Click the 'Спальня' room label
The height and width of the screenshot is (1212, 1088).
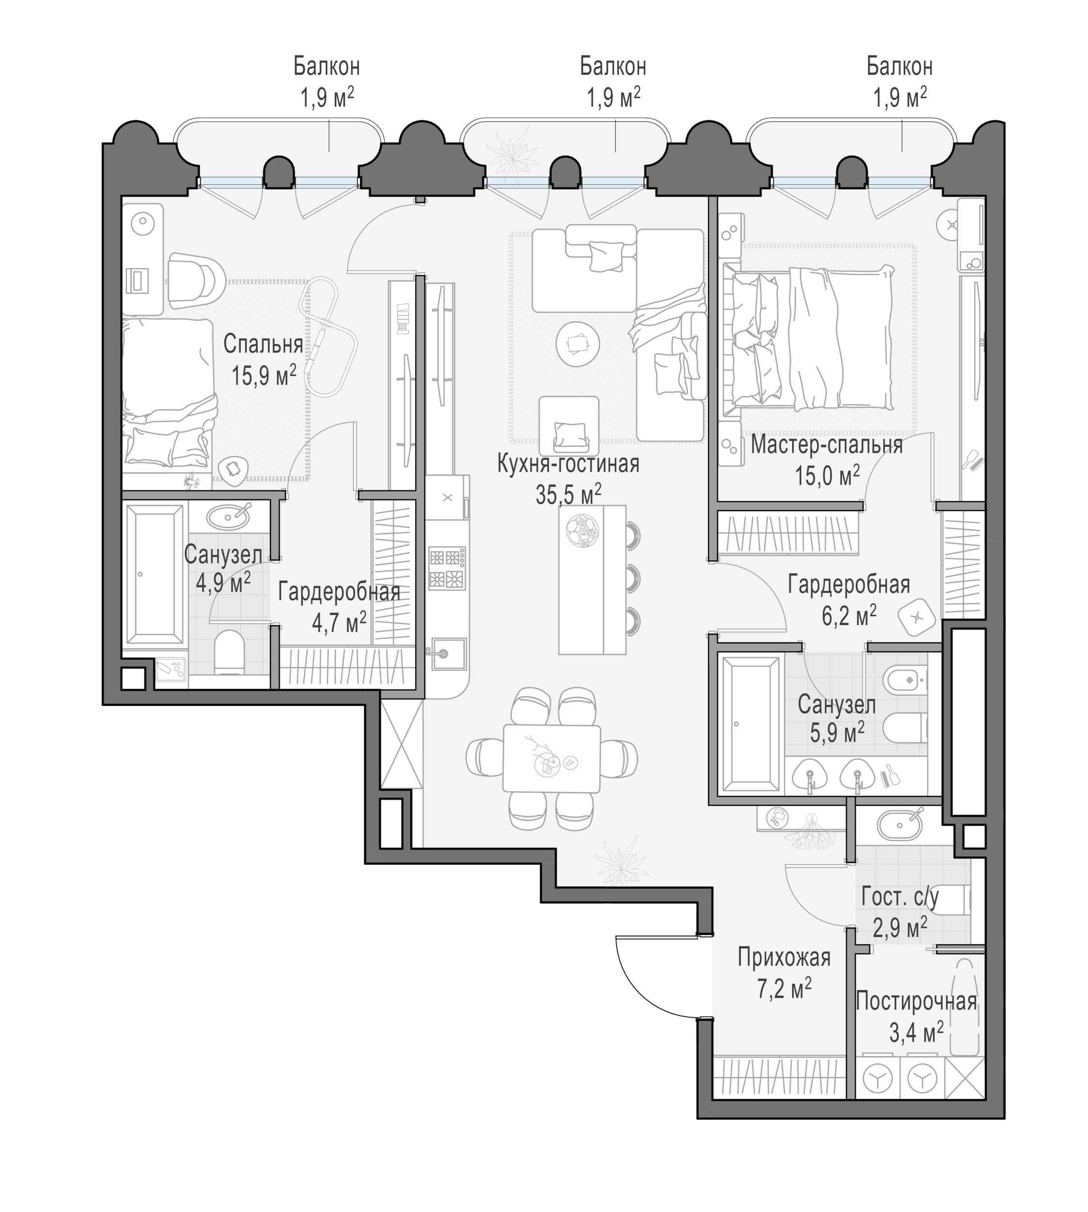click(263, 345)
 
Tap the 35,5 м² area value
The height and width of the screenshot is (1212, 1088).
click(568, 494)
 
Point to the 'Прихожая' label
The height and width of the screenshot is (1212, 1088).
click(784, 958)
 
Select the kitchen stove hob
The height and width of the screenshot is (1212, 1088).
click(447, 568)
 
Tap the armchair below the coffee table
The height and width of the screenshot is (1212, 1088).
click(569, 425)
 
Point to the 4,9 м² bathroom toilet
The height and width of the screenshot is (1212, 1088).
click(229, 652)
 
